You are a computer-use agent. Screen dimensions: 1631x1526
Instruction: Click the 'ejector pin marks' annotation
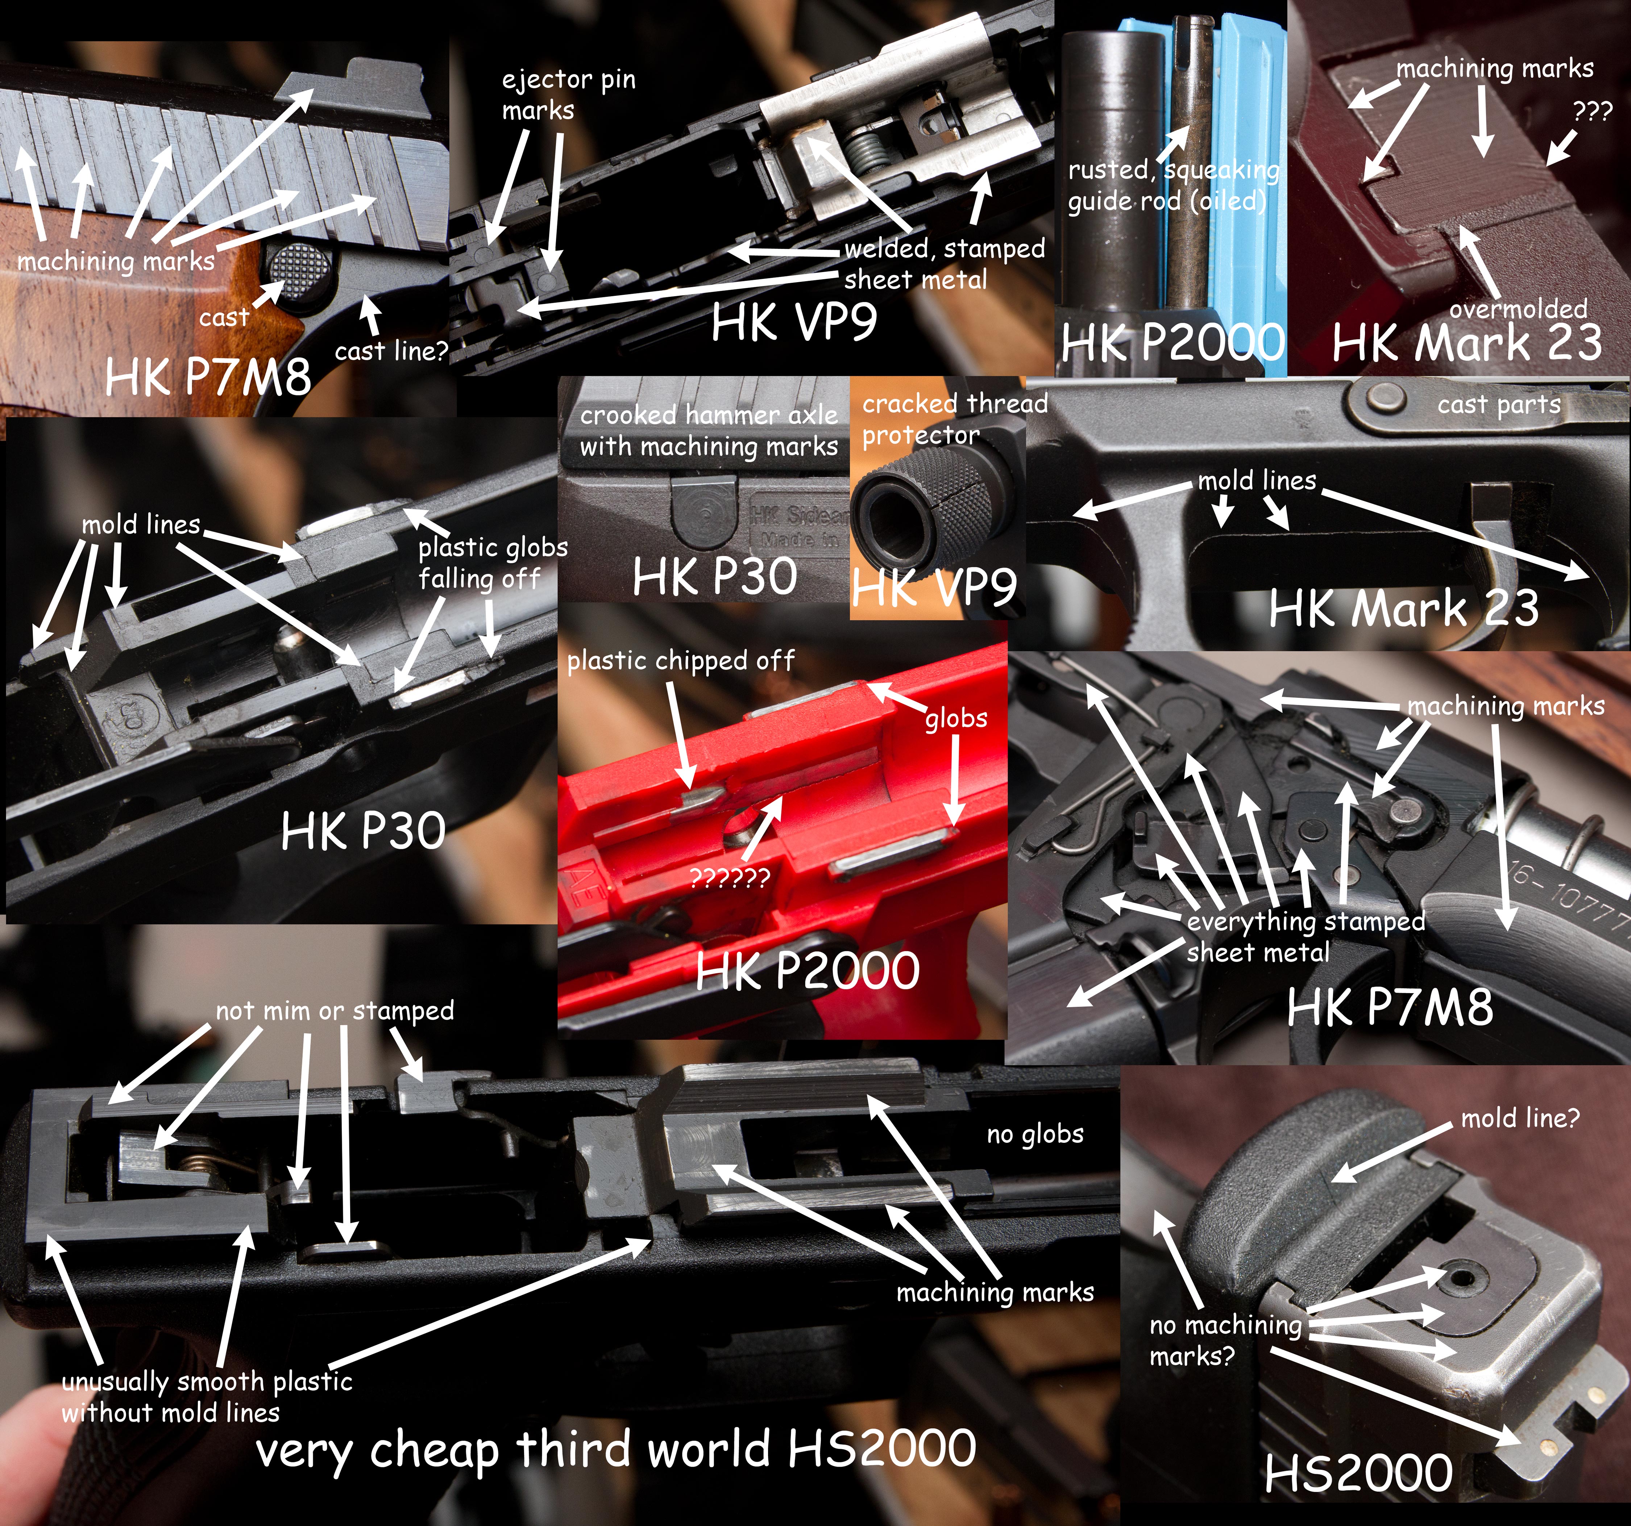tap(569, 94)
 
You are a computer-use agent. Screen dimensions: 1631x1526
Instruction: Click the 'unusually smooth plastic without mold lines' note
tap(207, 1396)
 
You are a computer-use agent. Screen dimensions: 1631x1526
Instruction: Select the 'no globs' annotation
tap(1034, 1134)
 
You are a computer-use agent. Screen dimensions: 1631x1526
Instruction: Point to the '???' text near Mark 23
tap(1593, 112)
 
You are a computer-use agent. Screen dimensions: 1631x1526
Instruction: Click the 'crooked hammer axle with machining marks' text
tap(709, 431)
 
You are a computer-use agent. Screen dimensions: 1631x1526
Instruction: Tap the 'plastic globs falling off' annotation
tap(493, 563)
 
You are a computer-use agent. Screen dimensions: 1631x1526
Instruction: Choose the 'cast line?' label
tap(391, 351)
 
